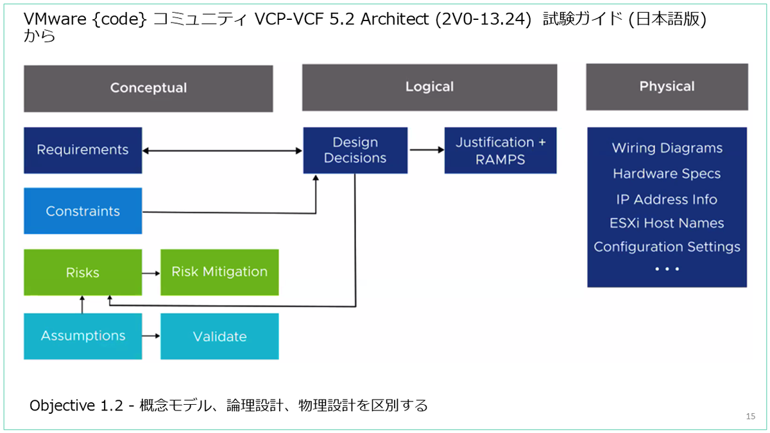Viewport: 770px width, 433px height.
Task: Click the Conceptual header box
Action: [x=148, y=89]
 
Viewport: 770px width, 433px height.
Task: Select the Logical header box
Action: [x=429, y=87]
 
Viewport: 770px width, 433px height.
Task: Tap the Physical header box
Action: [x=667, y=87]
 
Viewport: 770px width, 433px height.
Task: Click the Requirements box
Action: [x=83, y=150]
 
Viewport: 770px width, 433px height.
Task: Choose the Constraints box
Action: [x=83, y=210]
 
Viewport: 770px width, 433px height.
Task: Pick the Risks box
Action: [x=83, y=272]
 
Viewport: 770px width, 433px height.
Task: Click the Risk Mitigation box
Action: [x=219, y=272]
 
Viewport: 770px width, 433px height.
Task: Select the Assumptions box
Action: [x=83, y=336]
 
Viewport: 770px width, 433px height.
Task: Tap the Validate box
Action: [x=219, y=336]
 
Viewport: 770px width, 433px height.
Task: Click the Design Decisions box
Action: [x=355, y=150]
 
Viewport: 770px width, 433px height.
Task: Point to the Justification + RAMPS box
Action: [x=500, y=150]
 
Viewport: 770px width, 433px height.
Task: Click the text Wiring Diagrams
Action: [x=667, y=148]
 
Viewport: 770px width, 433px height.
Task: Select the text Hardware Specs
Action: [x=667, y=174]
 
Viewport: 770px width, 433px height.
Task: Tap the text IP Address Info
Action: [x=667, y=200]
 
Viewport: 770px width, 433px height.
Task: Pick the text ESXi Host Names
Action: [x=667, y=223]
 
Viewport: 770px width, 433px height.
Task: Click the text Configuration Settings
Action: [x=667, y=247]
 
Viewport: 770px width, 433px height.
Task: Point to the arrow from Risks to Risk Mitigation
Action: [x=151, y=273]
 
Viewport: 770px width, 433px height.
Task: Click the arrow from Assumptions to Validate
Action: [x=151, y=335]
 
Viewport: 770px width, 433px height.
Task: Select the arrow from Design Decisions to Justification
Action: [x=427, y=150]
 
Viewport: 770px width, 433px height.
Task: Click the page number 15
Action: [x=750, y=416]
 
